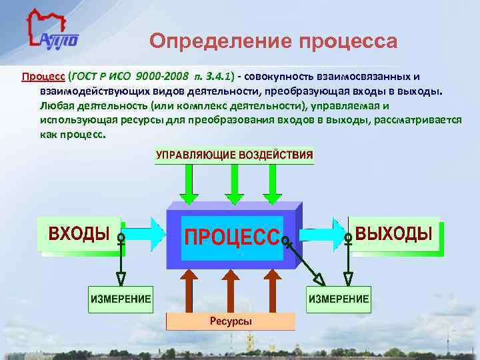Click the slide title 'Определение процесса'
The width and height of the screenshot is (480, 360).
tap(273, 41)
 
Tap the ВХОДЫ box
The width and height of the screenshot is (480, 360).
tap(79, 234)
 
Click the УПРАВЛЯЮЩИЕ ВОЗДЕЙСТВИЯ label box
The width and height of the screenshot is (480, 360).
tap(234, 155)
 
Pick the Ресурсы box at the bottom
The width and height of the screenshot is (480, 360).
tap(230, 322)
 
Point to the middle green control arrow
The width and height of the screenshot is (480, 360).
tap(233, 183)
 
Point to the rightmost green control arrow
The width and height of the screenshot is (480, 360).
tap(272, 183)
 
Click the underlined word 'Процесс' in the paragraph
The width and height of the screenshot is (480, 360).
tap(41, 76)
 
